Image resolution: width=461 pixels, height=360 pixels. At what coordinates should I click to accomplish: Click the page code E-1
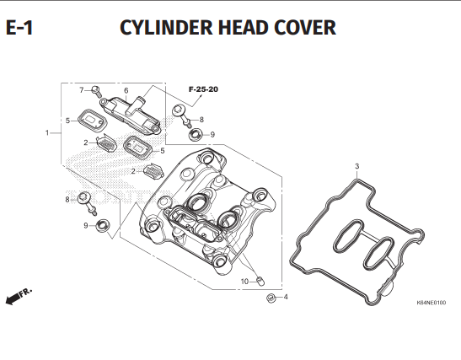[x=19, y=28]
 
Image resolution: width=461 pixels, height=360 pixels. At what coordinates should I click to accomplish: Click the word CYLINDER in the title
[x=166, y=28]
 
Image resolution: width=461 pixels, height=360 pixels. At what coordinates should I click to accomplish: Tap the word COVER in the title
[x=305, y=28]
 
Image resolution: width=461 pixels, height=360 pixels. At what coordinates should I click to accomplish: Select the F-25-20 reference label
[x=203, y=89]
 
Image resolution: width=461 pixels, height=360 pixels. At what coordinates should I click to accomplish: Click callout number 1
[x=47, y=133]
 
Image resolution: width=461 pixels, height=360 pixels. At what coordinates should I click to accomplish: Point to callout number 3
[x=357, y=166]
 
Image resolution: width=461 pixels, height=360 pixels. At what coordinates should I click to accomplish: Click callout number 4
[x=286, y=297]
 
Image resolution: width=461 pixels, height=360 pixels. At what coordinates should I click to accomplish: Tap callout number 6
[x=126, y=90]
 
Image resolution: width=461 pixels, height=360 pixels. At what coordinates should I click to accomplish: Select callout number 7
[x=82, y=90]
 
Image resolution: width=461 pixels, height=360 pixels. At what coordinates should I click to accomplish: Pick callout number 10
[x=244, y=282]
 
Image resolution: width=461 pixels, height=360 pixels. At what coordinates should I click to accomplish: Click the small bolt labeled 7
[x=96, y=91]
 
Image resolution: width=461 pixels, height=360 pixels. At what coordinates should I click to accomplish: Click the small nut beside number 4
[x=271, y=298]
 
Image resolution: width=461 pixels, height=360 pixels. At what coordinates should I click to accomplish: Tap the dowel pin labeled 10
[x=260, y=281]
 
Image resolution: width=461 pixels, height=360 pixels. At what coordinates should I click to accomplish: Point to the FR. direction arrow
[x=19, y=297]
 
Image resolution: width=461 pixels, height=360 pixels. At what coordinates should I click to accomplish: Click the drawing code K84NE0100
[x=431, y=303]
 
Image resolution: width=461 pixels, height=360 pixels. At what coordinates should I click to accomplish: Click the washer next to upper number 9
[x=196, y=135]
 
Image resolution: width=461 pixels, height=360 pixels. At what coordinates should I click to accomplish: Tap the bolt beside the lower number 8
[x=87, y=202]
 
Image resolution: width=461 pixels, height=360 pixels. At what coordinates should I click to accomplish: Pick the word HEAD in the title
[x=244, y=28]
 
